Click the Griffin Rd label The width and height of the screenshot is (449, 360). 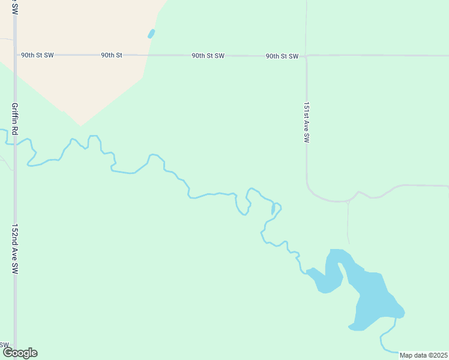(x=15, y=119)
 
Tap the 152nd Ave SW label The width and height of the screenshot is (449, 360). (x=15, y=250)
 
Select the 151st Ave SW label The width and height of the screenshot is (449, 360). (x=306, y=122)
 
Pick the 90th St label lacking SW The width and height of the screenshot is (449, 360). (x=111, y=55)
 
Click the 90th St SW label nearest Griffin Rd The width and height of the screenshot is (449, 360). (x=37, y=55)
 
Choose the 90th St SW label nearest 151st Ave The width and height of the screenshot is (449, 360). (x=282, y=56)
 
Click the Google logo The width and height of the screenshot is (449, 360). (x=20, y=353)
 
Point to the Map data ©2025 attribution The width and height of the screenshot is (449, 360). (x=423, y=355)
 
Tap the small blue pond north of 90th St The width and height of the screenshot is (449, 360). (x=151, y=34)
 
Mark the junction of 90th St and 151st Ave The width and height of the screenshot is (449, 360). (x=306, y=57)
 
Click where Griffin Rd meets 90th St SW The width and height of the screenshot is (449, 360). (x=15, y=55)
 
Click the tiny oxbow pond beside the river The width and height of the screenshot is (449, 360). (x=273, y=208)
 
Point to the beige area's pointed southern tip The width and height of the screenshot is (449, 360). (x=80, y=125)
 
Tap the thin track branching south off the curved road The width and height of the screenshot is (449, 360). (x=348, y=222)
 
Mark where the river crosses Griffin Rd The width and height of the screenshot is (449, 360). (x=15, y=143)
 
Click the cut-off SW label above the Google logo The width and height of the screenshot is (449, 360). (x=5, y=345)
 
